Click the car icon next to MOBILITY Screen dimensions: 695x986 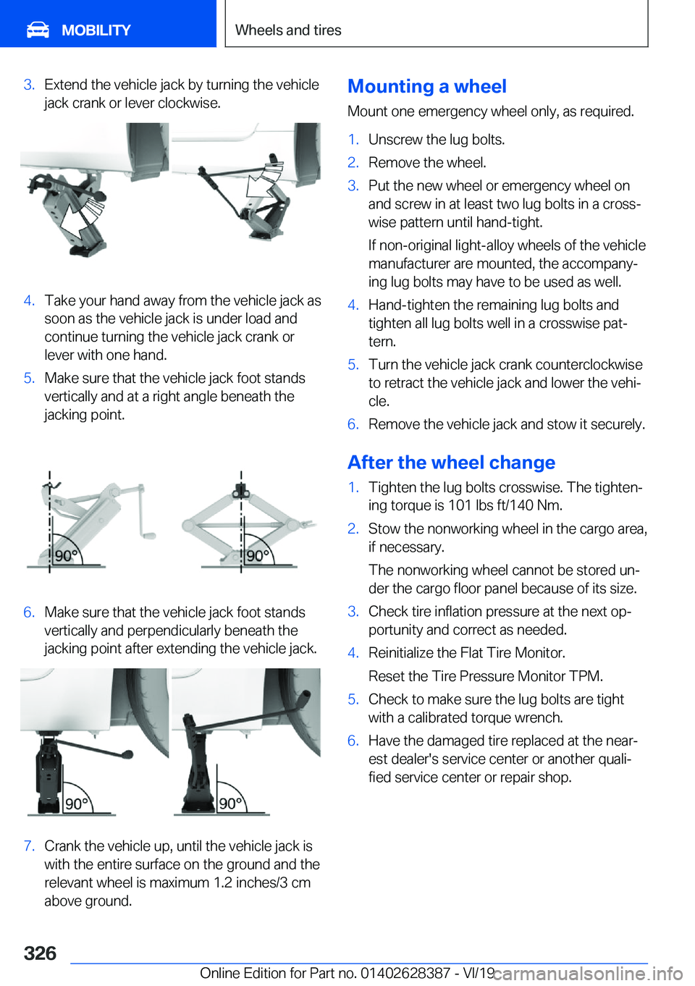38,30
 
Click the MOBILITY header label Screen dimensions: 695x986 96,30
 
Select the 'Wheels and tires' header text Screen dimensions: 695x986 288,30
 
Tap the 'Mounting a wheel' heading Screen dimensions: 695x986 427,86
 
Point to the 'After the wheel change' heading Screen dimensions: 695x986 451,462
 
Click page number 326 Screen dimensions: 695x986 40,954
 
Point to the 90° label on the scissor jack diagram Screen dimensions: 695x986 258,555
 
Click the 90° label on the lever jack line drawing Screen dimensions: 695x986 66,556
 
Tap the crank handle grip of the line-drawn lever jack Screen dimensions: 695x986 148,535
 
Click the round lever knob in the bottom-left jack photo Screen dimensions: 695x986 127,754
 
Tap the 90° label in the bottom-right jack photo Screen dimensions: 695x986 230,804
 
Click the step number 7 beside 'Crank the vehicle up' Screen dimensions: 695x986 29,846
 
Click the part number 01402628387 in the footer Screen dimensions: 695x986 405,973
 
